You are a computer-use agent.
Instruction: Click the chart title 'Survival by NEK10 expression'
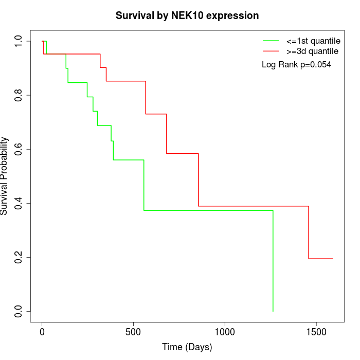point(187,15)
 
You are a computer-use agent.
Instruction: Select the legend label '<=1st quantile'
point(313,41)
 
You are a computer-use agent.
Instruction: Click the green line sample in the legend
point(271,41)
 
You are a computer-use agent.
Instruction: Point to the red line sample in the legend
point(271,51)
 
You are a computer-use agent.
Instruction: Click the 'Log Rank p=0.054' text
point(296,65)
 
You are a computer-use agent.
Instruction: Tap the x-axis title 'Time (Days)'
point(187,347)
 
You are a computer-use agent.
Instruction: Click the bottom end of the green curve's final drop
point(273,311)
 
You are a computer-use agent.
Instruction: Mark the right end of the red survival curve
point(333,259)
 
